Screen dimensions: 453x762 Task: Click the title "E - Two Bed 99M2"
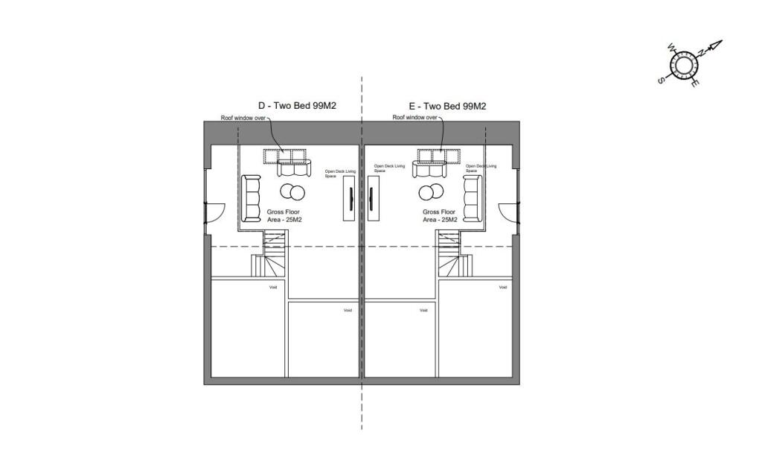click(448, 107)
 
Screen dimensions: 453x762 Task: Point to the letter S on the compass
click(661, 80)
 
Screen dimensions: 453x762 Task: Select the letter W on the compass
click(672, 48)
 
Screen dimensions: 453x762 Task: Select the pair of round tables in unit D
click(292, 193)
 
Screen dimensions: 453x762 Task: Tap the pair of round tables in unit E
click(429, 193)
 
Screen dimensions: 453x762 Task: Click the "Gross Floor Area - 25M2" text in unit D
click(284, 216)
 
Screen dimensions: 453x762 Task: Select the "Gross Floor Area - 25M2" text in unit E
click(439, 216)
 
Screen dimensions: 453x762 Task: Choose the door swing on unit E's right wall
click(509, 212)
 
